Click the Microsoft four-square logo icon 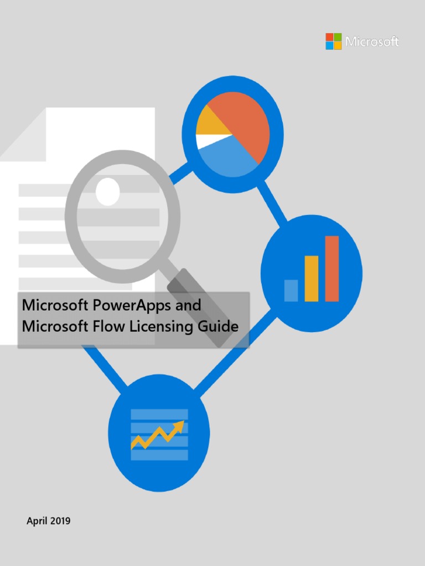point(334,41)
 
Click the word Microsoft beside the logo point(372,41)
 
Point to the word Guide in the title point(220,327)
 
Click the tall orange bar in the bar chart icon point(332,269)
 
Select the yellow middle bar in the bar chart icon point(312,279)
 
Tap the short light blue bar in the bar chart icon point(291,290)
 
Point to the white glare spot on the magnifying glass point(107,191)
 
